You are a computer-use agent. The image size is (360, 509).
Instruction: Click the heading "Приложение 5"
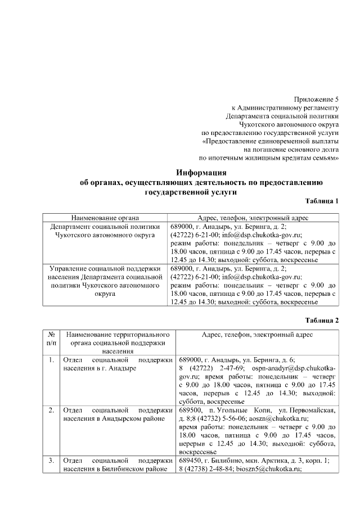coord(317,98)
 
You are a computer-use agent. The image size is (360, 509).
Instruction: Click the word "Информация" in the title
coord(201,173)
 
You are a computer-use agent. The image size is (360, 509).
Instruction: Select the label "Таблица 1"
coord(322,201)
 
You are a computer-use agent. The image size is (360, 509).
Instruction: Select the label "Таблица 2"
coord(322,320)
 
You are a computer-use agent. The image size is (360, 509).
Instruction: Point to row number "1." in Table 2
coord(51,359)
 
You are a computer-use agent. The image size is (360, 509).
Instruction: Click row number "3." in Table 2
coord(51,461)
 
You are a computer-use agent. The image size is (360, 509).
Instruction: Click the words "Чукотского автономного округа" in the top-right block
coord(290,125)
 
